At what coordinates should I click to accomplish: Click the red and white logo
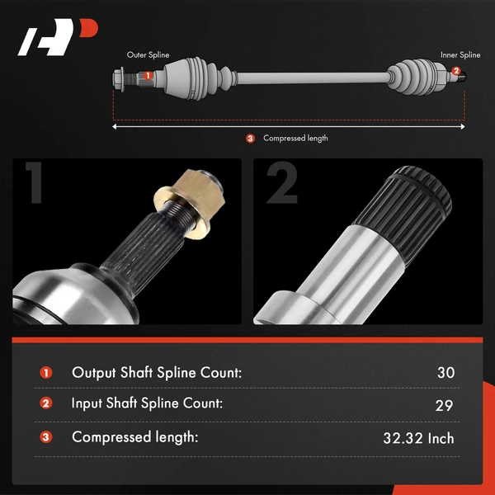coord(58,37)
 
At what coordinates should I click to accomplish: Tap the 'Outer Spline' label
coord(148,55)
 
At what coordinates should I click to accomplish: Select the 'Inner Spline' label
coord(460,55)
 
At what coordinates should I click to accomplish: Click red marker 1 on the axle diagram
coord(148,76)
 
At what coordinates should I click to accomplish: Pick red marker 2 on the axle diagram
coord(456,71)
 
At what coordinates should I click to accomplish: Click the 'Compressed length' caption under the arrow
coord(295,139)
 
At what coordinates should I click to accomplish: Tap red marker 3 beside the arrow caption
coord(250,139)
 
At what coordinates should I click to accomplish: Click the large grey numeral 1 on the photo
coord(34,183)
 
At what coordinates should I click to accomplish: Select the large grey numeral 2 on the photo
coord(282,183)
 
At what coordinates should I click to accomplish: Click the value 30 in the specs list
coord(445,373)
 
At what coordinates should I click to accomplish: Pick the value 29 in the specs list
coord(444,406)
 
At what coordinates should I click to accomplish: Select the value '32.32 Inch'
coord(418,439)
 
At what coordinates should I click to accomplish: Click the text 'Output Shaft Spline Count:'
coord(157,373)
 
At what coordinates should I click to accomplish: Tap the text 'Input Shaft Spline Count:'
coord(147,403)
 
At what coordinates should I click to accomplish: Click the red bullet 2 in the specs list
coord(45,403)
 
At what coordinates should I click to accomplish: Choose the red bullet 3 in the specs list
coord(45,437)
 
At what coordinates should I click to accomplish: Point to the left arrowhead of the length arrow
coord(115,126)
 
